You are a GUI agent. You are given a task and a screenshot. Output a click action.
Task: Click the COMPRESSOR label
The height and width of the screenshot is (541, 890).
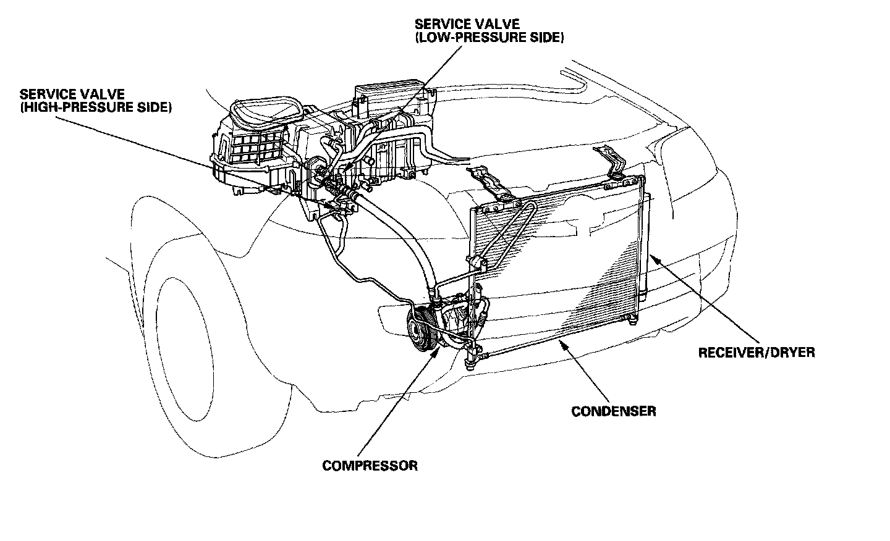click(x=370, y=466)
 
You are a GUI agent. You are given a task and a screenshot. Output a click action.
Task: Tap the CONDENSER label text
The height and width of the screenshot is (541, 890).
click(x=613, y=411)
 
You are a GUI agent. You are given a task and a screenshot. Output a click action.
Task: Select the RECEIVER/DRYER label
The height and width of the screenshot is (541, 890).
click(x=756, y=353)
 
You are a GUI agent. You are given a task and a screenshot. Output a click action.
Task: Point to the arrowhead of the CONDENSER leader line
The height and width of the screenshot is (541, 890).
click(x=559, y=342)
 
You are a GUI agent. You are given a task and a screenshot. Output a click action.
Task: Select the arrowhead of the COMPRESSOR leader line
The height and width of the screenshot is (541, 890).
click(x=439, y=350)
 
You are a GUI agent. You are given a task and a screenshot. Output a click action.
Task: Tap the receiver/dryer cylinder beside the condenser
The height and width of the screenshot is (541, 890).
click(x=646, y=247)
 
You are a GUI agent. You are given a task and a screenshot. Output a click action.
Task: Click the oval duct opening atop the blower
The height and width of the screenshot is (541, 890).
click(x=265, y=111)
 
